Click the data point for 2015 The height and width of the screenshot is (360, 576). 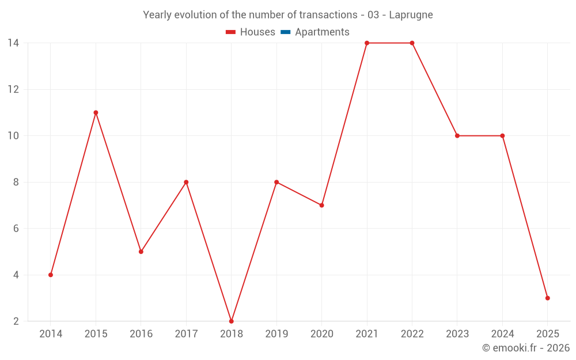[96, 112]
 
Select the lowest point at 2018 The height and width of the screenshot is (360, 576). [232, 321]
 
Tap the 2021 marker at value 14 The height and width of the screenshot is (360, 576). [367, 43]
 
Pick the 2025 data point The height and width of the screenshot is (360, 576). [548, 298]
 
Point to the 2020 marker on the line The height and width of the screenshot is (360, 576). [321, 205]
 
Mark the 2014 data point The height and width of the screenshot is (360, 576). [51, 275]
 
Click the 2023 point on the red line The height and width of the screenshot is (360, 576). [457, 135]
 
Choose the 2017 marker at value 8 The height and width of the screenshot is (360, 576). [186, 182]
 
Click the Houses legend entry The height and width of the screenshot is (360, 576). [257, 32]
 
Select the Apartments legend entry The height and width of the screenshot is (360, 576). [322, 32]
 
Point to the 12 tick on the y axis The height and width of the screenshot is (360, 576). [13, 89]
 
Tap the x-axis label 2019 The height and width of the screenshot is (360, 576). [276, 334]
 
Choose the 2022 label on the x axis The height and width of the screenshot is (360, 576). [412, 334]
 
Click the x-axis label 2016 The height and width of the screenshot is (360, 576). [141, 334]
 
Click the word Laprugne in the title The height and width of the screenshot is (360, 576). [411, 15]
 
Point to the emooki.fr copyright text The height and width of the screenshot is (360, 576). [526, 348]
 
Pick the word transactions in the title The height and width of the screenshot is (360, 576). [328, 15]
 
